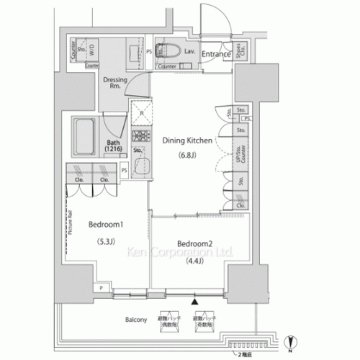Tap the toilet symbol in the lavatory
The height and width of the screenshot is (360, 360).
pos(169,51)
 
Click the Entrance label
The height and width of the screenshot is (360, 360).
pos(215,54)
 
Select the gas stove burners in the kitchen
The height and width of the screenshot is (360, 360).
pos(140,136)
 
